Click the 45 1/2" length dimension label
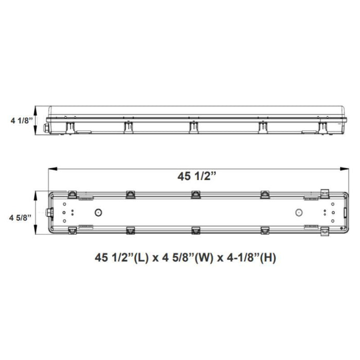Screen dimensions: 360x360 [x=195, y=176]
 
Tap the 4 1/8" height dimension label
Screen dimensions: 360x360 [x=21, y=121]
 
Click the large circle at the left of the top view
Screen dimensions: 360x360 [x=98, y=212]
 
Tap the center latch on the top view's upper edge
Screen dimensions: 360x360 [x=196, y=194]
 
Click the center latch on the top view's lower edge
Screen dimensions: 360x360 [x=196, y=230]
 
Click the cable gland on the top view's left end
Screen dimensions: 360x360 [x=50, y=212]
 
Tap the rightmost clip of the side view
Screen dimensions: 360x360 [x=322, y=127]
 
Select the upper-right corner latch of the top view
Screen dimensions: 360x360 [x=325, y=193]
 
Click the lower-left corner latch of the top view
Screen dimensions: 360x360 [x=73, y=231]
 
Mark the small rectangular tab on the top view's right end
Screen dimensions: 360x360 [x=342, y=212]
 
